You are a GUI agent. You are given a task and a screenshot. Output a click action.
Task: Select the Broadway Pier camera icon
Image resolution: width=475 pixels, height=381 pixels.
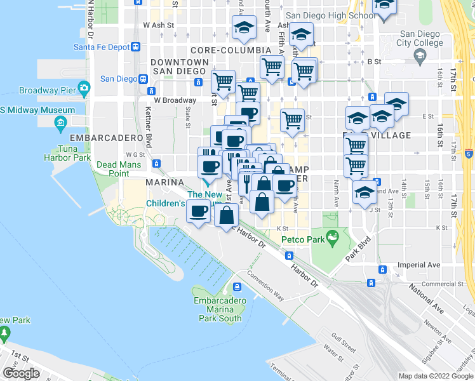point(84,87)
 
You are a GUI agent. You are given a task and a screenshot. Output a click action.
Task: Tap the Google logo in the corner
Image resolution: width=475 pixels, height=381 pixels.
point(21,373)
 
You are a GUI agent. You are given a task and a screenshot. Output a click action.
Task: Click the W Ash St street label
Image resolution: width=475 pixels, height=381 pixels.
point(158,25)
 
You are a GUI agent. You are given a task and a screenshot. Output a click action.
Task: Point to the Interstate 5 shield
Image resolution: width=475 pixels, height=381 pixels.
point(468,153)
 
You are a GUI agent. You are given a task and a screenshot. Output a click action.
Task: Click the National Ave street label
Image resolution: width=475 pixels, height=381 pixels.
point(426,299)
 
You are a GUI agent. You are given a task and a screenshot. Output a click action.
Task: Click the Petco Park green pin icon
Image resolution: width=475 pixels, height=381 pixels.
point(331,238)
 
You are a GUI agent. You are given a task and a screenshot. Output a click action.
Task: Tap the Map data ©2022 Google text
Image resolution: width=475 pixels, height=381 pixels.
point(436,376)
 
